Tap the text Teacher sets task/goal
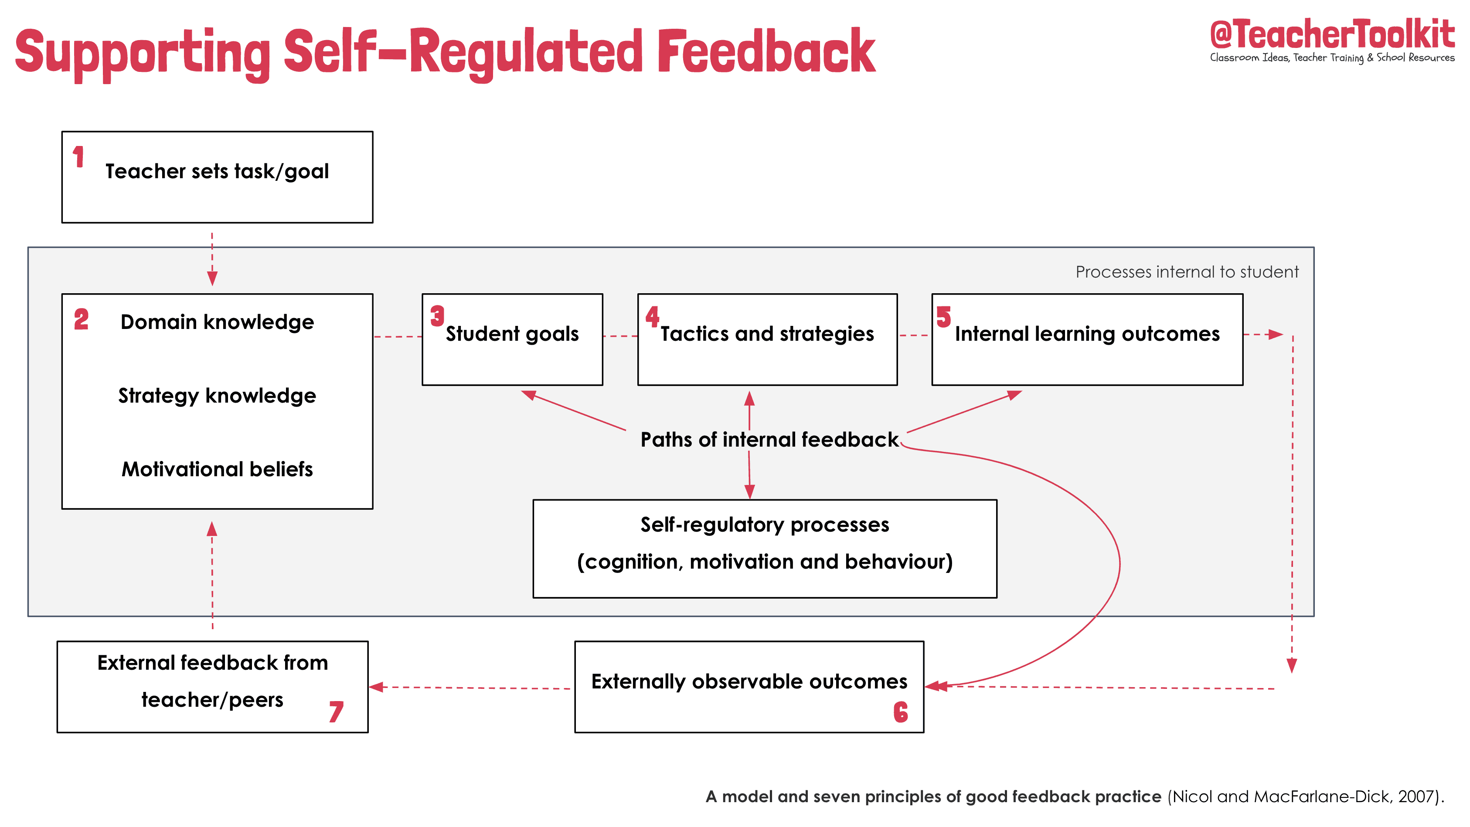[x=217, y=171]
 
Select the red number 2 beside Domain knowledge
[x=81, y=319]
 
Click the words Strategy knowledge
[x=217, y=396]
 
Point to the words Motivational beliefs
[x=217, y=469]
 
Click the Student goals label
[x=512, y=334]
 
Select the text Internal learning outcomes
[x=1087, y=334]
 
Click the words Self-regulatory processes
[x=765, y=525]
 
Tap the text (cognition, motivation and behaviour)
[x=765, y=562]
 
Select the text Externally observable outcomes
[x=749, y=681]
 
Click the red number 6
[x=901, y=712]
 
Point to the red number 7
[x=336, y=712]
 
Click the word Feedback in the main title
[x=766, y=52]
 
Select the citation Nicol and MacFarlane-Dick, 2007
[x=1304, y=797]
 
